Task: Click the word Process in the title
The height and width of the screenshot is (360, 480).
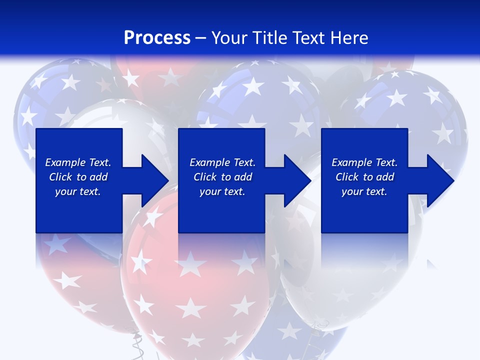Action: coord(157,38)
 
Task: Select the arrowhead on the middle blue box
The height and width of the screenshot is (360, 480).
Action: coord(297,180)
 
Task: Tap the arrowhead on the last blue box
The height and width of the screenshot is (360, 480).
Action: coord(440,180)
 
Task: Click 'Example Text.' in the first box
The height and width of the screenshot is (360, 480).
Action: coord(78,162)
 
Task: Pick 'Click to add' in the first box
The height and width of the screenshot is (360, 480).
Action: coord(78,177)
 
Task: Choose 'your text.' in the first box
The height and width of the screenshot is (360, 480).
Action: coord(78,191)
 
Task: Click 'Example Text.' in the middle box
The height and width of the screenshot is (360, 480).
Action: coord(222,162)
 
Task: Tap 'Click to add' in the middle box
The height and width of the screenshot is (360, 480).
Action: coord(222,177)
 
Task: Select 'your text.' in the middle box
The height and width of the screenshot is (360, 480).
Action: coord(222,191)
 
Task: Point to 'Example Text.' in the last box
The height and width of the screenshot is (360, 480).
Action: coord(364,162)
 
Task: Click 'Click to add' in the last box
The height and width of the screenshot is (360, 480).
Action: coord(364,177)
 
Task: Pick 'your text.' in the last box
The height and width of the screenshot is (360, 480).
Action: coord(364,191)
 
